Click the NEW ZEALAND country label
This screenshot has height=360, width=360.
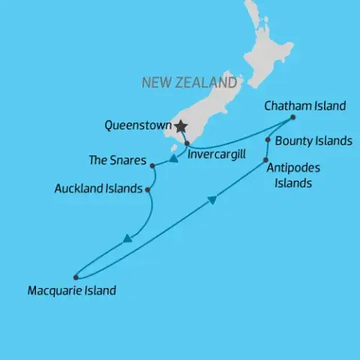(189, 82)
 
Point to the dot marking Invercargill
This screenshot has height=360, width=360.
(187, 142)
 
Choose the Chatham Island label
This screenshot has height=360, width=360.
(305, 106)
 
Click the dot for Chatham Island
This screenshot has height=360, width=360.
(292, 117)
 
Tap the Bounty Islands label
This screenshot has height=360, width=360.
(313, 140)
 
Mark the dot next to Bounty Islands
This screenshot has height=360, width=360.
(268, 139)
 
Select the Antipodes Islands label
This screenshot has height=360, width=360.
(289, 175)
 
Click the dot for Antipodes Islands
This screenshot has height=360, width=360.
(267, 159)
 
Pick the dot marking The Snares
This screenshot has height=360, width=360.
(152, 166)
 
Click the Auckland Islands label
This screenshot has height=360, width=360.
(98, 189)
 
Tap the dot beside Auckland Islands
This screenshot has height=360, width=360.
(148, 190)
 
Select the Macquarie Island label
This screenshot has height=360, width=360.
(71, 290)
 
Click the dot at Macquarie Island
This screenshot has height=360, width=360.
(75, 277)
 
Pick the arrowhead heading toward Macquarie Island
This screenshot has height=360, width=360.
(127, 239)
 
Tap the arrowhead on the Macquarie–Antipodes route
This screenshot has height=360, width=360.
(212, 199)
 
